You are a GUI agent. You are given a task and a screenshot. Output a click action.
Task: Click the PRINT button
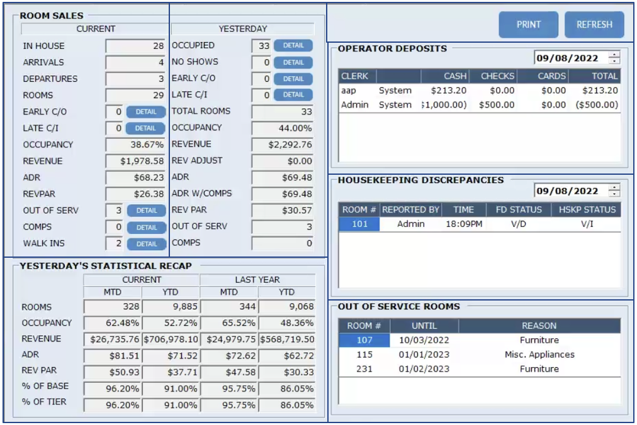tap(528, 25)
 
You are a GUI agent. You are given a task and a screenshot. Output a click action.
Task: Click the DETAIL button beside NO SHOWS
tap(293, 62)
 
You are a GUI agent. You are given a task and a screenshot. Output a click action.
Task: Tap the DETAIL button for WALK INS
tap(147, 244)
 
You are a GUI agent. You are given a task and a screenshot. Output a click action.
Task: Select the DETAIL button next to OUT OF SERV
tap(147, 211)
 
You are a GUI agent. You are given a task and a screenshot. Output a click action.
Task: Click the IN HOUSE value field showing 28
tap(135, 46)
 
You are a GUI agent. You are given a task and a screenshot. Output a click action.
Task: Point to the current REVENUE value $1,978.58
tap(135, 162)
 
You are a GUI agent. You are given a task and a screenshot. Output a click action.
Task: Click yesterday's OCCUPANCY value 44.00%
tap(282, 128)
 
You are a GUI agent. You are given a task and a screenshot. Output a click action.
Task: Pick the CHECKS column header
tap(497, 76)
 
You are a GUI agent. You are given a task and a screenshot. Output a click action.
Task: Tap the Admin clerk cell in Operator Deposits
tap(355, 105)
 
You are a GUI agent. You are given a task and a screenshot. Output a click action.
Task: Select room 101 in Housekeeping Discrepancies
tap(359, 224)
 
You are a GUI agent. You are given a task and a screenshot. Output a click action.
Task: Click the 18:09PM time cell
tap(465, 224)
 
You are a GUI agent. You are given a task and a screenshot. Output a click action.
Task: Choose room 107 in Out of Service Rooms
tap(364, 340)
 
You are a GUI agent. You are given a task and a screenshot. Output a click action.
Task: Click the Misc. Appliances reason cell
tap(539, 355)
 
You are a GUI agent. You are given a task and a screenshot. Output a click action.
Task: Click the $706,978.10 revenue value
tap(171, 339)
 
